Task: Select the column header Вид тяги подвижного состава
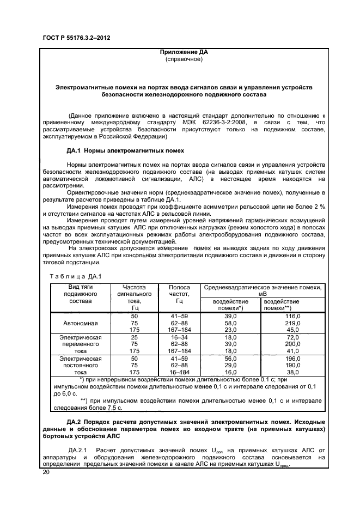tap(80, 294)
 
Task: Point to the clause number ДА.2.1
tap(78, 450)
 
